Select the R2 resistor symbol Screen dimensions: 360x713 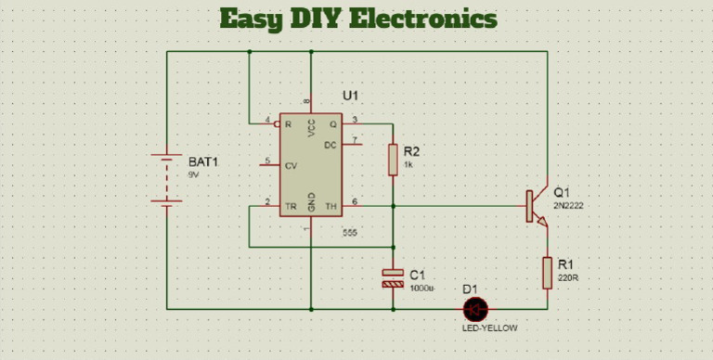coord(393,160)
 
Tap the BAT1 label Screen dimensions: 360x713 coord(202,161)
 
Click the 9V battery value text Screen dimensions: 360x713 coord(193,174)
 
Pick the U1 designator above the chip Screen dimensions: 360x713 coord(350,96)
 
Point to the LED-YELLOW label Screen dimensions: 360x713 coord(490,328)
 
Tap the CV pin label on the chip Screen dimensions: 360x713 coord(291,167)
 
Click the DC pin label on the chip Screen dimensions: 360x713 coord(330,146)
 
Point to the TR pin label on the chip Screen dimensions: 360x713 coord(291,206)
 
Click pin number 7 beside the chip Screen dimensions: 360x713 coord(355,138)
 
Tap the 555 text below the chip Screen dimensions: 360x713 coord(349,232)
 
